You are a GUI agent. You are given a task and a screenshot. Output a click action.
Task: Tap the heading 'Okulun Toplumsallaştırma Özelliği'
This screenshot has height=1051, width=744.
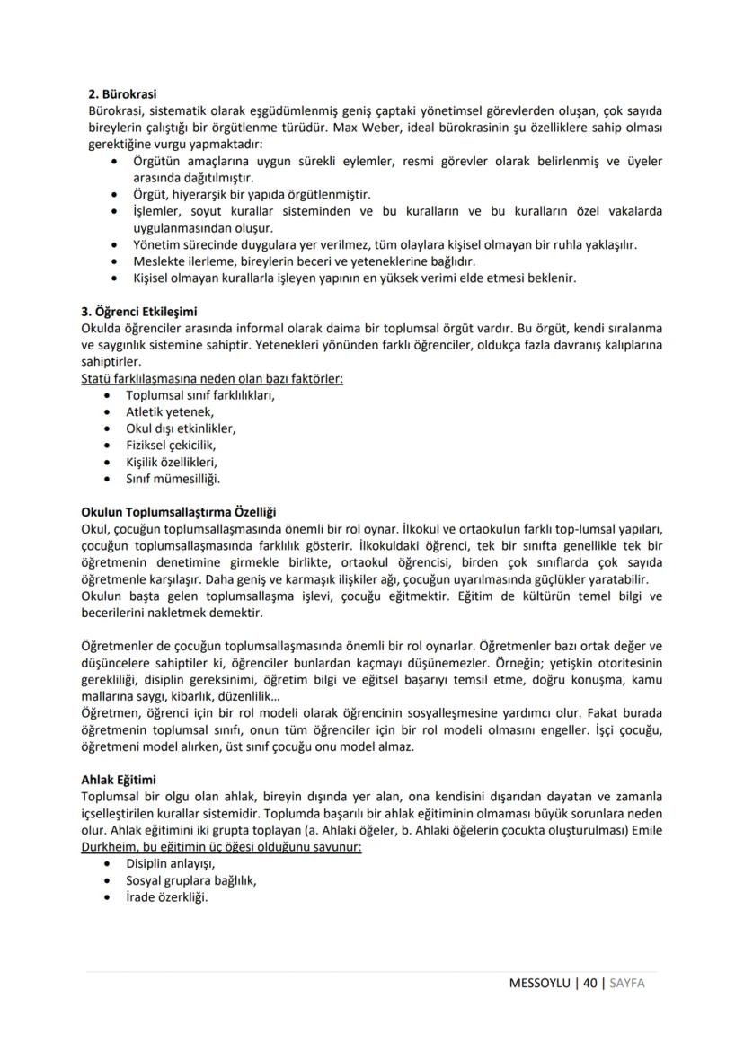[x=178, y=511]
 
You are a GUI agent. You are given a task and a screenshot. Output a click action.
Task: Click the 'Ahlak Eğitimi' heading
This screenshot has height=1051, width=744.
[x=119, y=780]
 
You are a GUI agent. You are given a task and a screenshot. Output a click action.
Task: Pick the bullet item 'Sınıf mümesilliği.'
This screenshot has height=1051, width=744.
[x=173, y=478]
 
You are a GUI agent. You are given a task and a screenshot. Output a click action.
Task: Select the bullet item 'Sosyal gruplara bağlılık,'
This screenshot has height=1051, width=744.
[x=190, y=880]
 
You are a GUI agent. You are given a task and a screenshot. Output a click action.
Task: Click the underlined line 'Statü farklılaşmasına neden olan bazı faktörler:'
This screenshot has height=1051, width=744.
[x=212, y=378]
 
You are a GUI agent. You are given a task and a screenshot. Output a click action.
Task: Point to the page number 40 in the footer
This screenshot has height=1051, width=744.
[x=590, y=983]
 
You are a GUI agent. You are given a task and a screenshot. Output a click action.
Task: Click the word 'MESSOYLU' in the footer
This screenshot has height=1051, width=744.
[x=540, y=983]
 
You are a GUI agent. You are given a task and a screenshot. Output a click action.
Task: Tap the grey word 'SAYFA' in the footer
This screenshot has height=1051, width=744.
[x=627, y=983]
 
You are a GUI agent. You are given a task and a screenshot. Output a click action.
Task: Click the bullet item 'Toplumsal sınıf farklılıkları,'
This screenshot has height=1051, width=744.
[x=200, y=395]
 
